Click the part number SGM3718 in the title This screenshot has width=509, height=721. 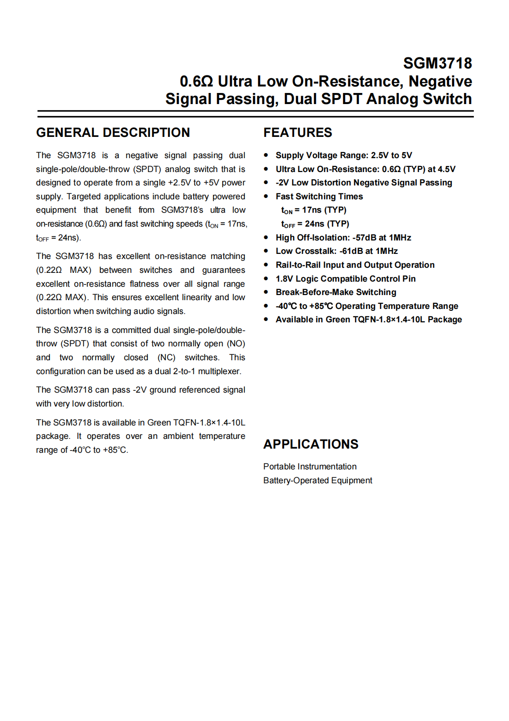coord(437,63)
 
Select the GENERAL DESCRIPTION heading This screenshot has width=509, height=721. coord(113,133)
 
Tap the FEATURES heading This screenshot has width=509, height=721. coord(297,133)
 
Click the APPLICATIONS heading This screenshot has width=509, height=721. coord(310,444)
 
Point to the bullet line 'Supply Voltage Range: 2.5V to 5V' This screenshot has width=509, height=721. coord(344,155)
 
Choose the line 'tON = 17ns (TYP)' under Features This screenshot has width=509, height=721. coord(314,210)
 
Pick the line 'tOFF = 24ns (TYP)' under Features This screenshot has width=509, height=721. coord(315,224)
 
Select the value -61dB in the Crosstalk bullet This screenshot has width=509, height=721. coord(351,251)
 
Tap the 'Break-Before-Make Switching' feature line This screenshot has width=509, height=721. coord(336,292)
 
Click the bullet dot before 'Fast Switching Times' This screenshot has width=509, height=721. coord(266,197)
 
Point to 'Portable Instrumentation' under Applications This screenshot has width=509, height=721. coord(310,467)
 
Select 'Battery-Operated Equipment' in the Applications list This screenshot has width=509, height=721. coord(318,481)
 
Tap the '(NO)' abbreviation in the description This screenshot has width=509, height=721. coord(236,344)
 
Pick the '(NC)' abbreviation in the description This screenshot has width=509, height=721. coord(166,357)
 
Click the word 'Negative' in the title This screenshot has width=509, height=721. coord(440,81)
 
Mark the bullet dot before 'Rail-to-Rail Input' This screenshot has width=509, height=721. coord(266,265)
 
